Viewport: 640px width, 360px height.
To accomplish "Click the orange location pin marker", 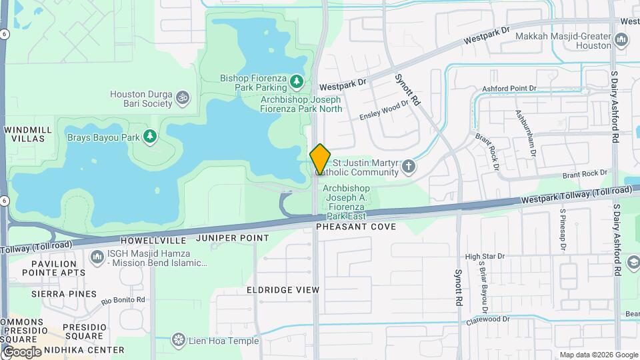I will coord(320,159).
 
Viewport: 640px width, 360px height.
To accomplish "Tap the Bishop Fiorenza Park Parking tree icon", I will coord(297,82).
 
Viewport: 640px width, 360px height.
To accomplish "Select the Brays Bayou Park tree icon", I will coord(150,137).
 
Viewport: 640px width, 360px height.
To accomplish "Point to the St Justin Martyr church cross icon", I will coord(408,167).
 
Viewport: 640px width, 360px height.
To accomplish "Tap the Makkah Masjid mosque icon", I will coord(621,41).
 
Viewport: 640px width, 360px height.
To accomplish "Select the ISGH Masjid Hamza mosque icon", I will coord(97,256).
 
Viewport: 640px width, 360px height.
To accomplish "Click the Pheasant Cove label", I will coord(356,227).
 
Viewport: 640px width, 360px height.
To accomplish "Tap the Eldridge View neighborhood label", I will coord(283,290).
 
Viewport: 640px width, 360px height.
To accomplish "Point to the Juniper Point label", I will coord(233,238).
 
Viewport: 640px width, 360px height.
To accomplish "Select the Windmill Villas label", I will coord(24,133).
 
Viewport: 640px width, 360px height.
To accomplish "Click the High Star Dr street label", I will coord(485,256).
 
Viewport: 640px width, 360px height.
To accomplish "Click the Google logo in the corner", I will coord(22,351).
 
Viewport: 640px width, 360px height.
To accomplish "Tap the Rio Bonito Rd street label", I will coord(123,300).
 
